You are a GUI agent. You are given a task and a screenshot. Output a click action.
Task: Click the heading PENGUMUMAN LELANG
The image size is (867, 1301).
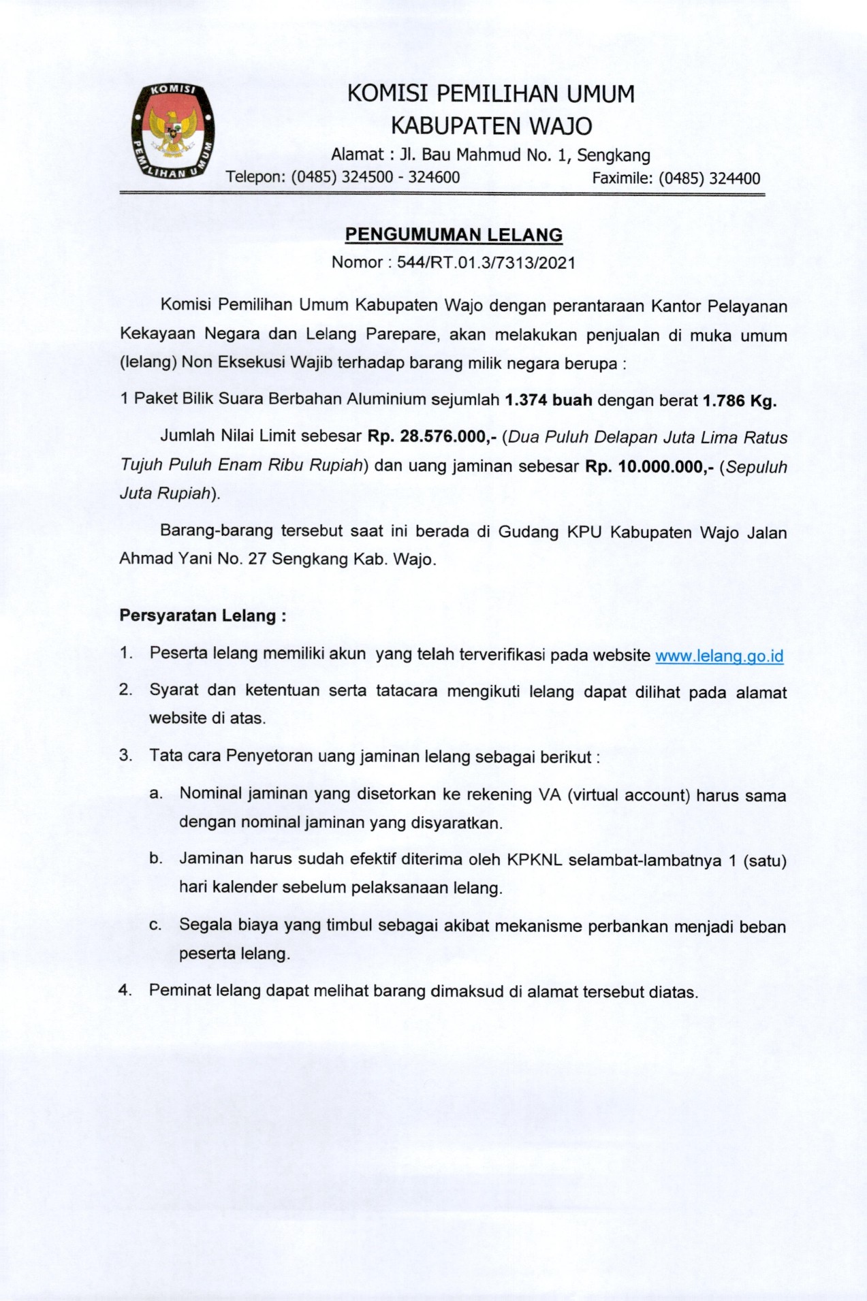(454, 235)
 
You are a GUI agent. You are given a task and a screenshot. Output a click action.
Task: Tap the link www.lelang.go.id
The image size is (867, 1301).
(719, 656)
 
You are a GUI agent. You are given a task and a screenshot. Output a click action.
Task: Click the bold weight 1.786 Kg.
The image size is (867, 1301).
(739, 400)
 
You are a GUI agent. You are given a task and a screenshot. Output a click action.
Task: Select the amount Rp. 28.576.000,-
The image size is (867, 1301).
(432, 438)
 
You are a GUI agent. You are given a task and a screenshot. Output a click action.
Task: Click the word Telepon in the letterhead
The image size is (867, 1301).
(255, 178)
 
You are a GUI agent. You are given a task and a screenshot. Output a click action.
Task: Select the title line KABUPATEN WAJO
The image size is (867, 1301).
(490, 126)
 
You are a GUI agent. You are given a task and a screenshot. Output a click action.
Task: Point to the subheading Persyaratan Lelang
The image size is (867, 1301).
(202, 616)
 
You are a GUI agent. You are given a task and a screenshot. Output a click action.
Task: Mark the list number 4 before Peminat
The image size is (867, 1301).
(125, 991)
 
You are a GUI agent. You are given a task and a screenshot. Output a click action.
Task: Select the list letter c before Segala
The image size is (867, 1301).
(155, 926)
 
